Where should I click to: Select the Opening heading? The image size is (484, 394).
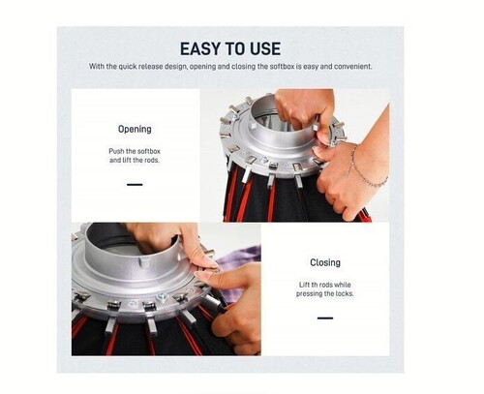tap(135, 130)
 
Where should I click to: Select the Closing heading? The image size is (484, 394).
tap(325, 262)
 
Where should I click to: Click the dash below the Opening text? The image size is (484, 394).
tap(135, 185)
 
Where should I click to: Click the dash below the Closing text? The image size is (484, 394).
tap(325, 318)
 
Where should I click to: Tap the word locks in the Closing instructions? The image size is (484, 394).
tap(345, 293)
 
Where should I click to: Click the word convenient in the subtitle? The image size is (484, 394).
tap(353, 67)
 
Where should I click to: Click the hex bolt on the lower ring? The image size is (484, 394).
tap(162, 297)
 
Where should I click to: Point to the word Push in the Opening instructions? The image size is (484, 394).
tap(116, 151)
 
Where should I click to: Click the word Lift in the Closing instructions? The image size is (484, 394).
tap(304, 285)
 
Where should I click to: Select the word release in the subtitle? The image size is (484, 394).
tap(151, 67)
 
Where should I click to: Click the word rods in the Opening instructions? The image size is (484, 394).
tap(152, 160)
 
